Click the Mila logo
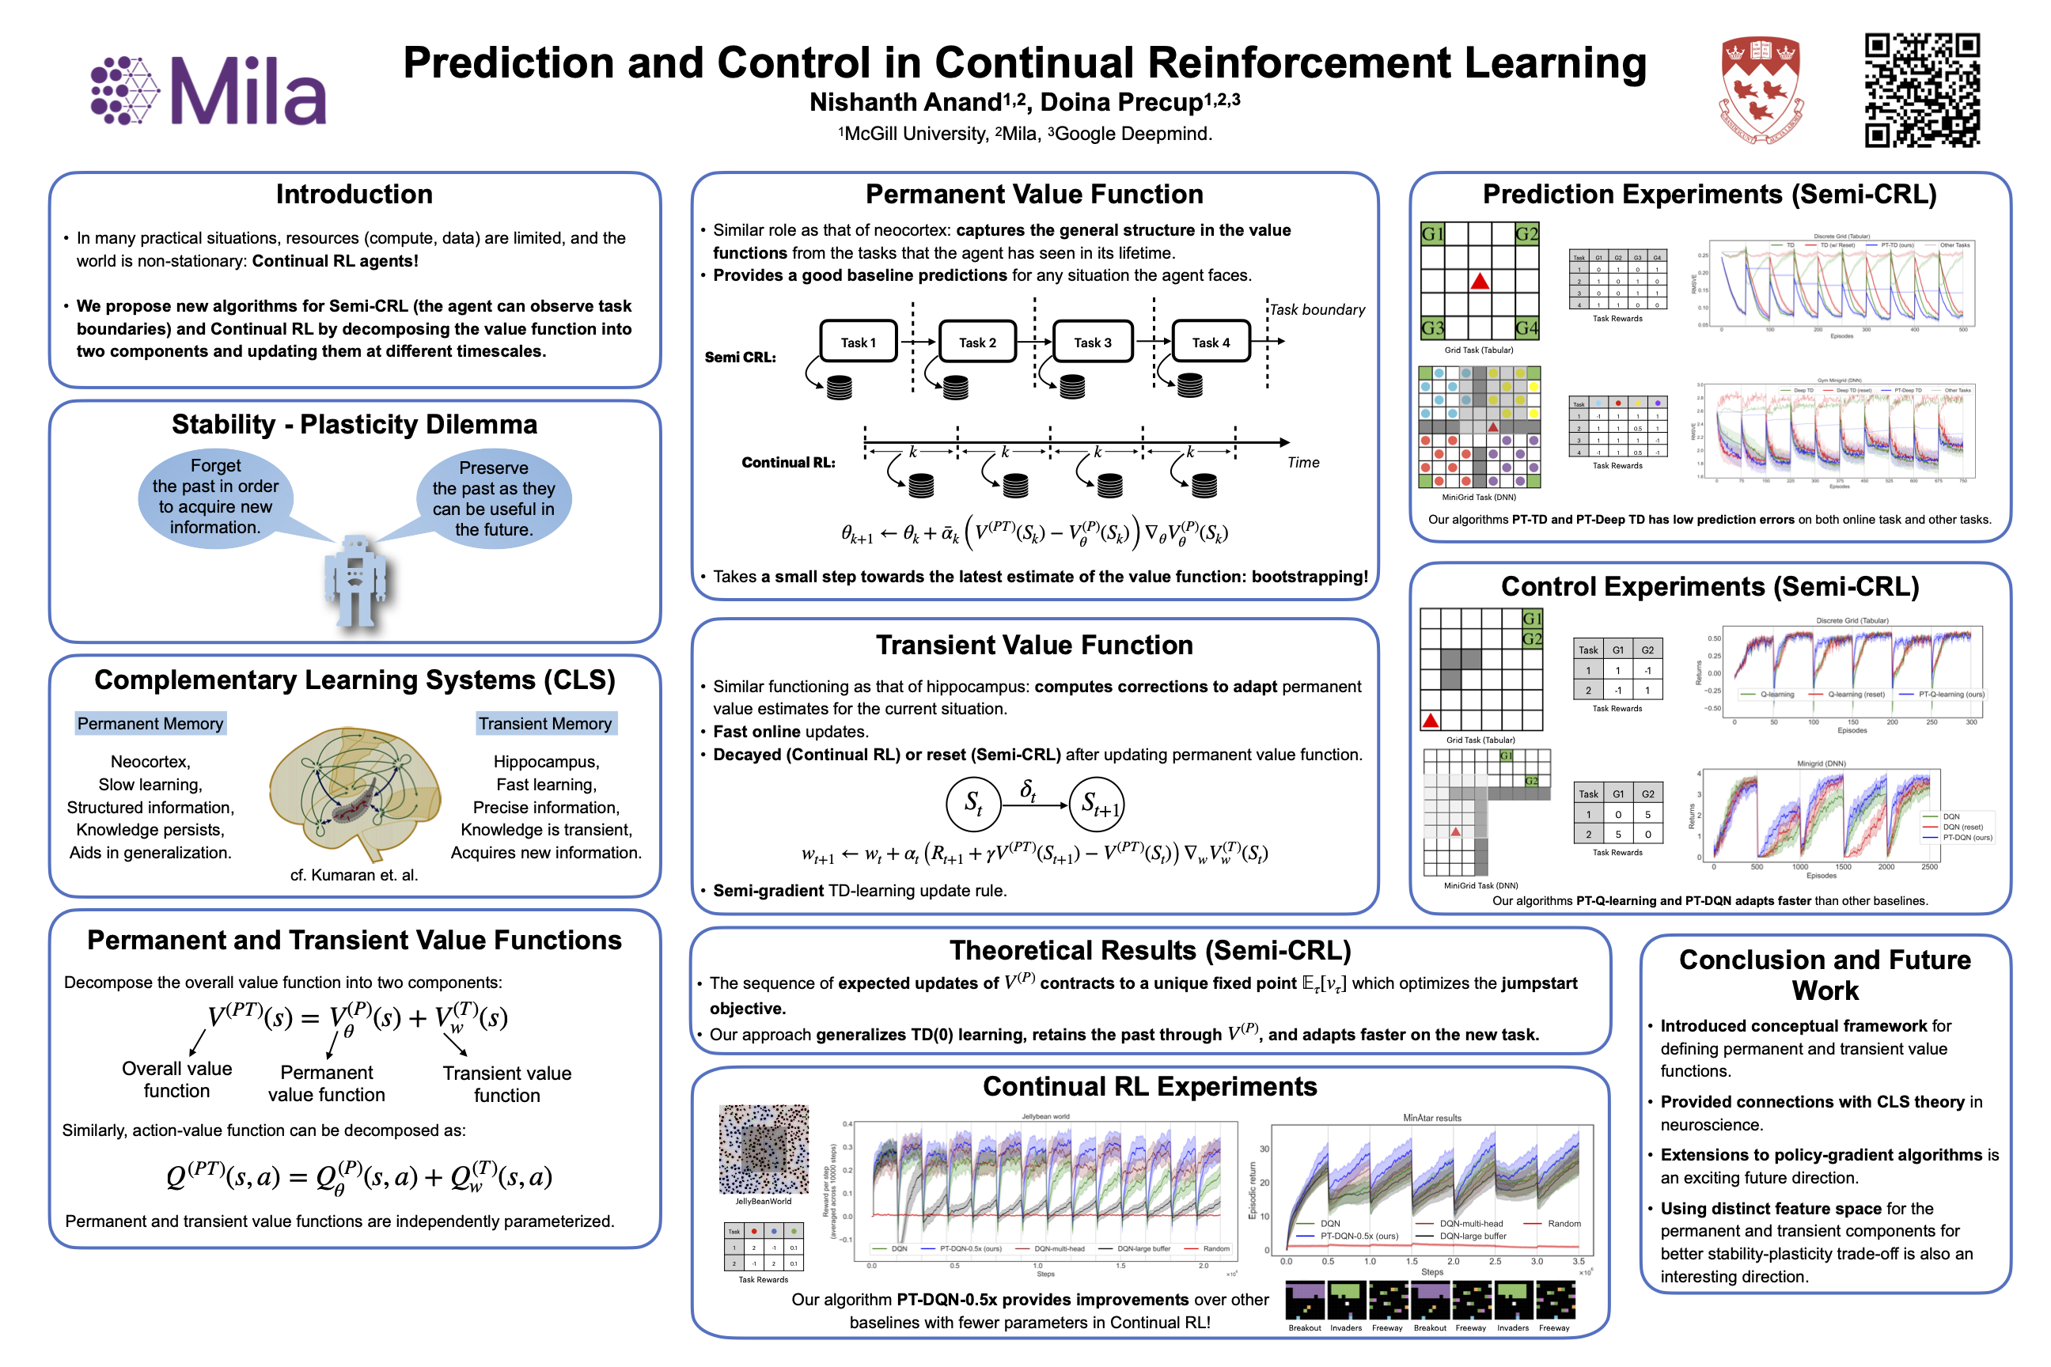pyautogui.click(x=209, y=91)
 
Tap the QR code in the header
pyautogui.click(x=1922, y=90)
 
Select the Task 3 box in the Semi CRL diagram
pyautogui.click(x=1093, y=342)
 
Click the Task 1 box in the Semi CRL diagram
pyautogui.click(x=858, y=342)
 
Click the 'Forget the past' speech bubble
pyautogui.click(x=215, y=497)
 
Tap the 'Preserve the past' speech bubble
pyautogui.click(x=494, y=498)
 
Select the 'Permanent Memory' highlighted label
pyautogui.click(x=150, y=724)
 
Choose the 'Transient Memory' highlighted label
pyautogui.click(x=545, y=724)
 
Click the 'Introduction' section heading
pyautogui.click(x=354, y=195)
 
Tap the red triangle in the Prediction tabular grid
pyautogui.click(x=1480, y=281)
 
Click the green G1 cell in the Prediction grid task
pyautogui.click(x=1433, y=233)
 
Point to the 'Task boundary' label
pyautogui.click(x=1317, y=309)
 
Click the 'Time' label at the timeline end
pyautogui.click(x=1302, y=463)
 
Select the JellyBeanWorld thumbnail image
pyautogui.click(x=764, y=1149)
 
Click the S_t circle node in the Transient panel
pyautogui.click(x=973, y=804)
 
